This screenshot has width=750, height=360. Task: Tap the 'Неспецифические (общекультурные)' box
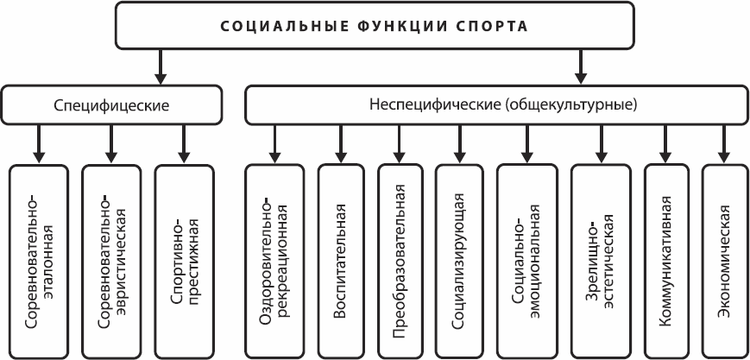pyautogui.click(x=496, y=105)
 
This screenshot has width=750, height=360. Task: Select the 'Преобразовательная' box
pyautogui.click(x=400, y=260)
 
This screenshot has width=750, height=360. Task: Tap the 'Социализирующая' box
pyautogui.click(x=460, y=260)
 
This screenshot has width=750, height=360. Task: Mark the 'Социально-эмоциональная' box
pyautogui.click(x=526, y=260)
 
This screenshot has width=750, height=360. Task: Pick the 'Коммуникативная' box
pyautogui.click(x=666, y=260)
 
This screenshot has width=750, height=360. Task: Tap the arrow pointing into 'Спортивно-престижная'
pyautogui.click(x=184, y=142)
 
